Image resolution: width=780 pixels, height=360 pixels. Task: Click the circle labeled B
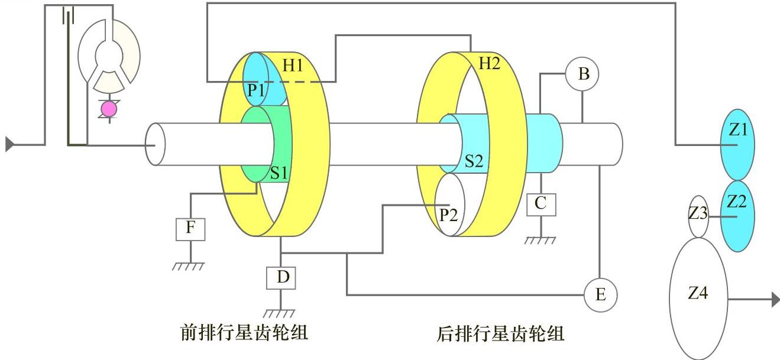coord(582,74)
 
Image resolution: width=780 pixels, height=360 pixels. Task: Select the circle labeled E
coord(600,294)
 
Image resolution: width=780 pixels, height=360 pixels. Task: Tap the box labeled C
coord(541,204)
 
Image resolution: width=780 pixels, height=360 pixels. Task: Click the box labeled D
coord(281,277)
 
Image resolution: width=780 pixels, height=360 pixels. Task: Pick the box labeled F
coord(190,228)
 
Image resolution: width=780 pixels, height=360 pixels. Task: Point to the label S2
coord(474,160)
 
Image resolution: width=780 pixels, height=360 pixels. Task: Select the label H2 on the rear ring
coord(488,64)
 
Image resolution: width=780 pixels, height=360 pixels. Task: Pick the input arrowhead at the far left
coord(9,144)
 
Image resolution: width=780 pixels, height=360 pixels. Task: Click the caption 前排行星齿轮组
coord(244,333)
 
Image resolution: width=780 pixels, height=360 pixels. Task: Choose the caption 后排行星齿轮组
coord(500,334)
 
